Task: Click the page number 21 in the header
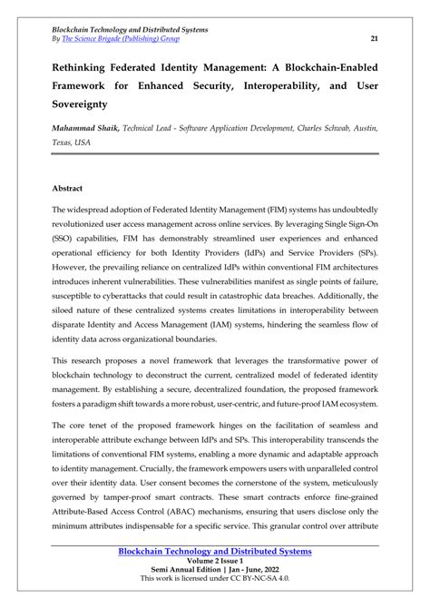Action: pos(375,38)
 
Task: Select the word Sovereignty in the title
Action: pos(89,117)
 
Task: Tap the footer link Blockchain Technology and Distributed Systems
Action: pos(216,550)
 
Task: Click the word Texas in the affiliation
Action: pos(65,170)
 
